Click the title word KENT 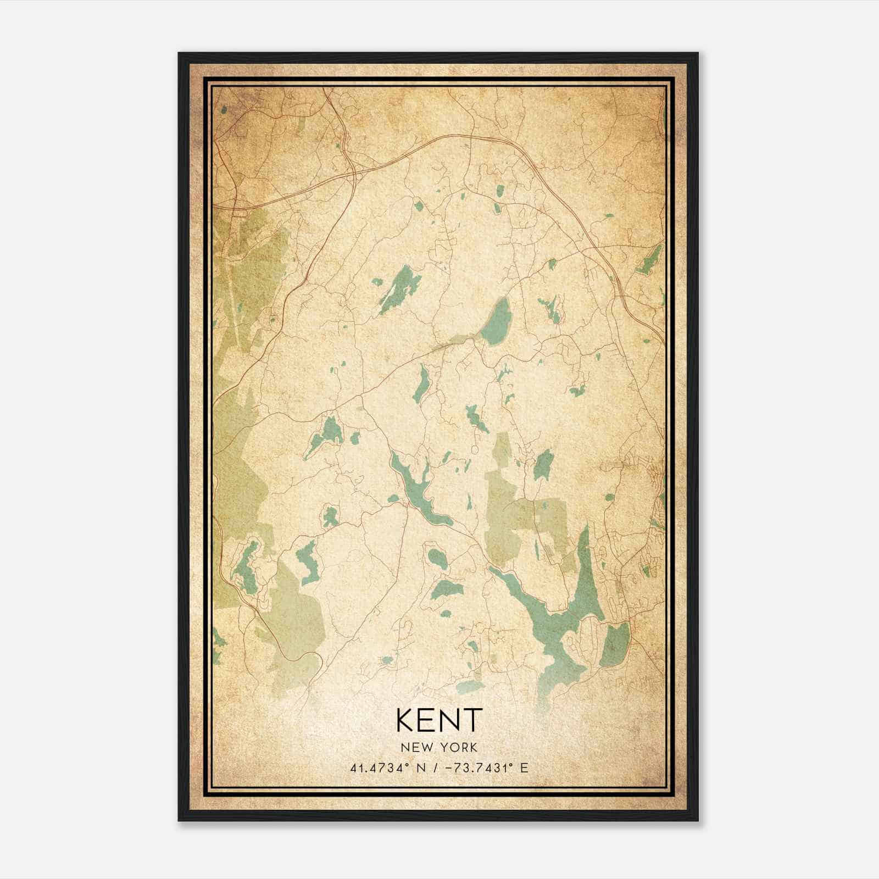click(x=439, y=720)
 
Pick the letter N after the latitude click(x=422, y=768)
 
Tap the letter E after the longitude click(x=524, y=768)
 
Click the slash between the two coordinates click(x=436, y=768)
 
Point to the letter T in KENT click(x=472, y=720)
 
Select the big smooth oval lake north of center click(x=497, y=321)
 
